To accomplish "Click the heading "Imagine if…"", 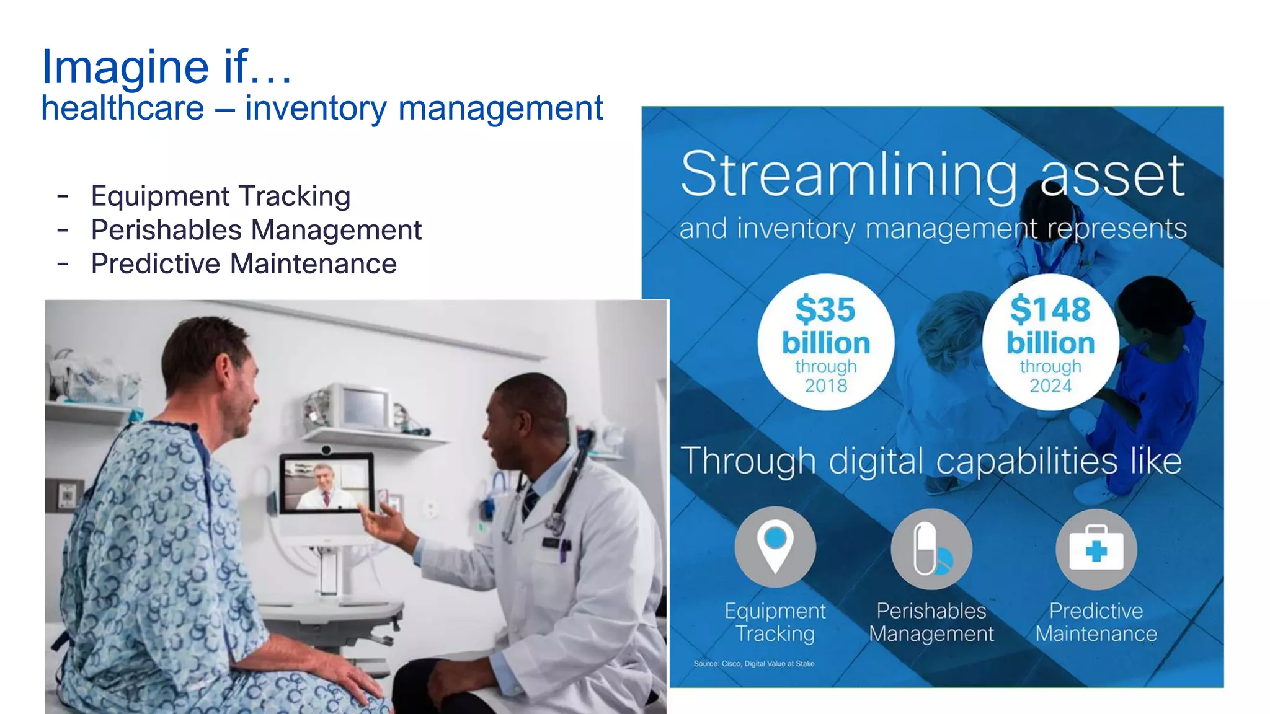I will (x=166, y=66).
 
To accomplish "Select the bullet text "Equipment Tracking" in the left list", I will (x=221, y=196).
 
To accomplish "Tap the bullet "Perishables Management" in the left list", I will (x=256, y=230).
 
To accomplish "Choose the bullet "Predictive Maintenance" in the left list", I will (x=244, y=264).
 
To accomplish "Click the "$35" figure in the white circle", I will (x=825, y=309).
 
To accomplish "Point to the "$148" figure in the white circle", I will (x=1050, y=309).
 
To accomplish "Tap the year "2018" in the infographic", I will (x=826, y=386).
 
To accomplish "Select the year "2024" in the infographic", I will (x=1050, y=386).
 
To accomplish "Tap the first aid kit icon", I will (x=1096, y=549).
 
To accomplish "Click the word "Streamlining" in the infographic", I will (x=849, y=175).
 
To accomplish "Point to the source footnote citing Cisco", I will (x=753, y=664).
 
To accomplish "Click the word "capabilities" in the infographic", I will (x=1026, y=462).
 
